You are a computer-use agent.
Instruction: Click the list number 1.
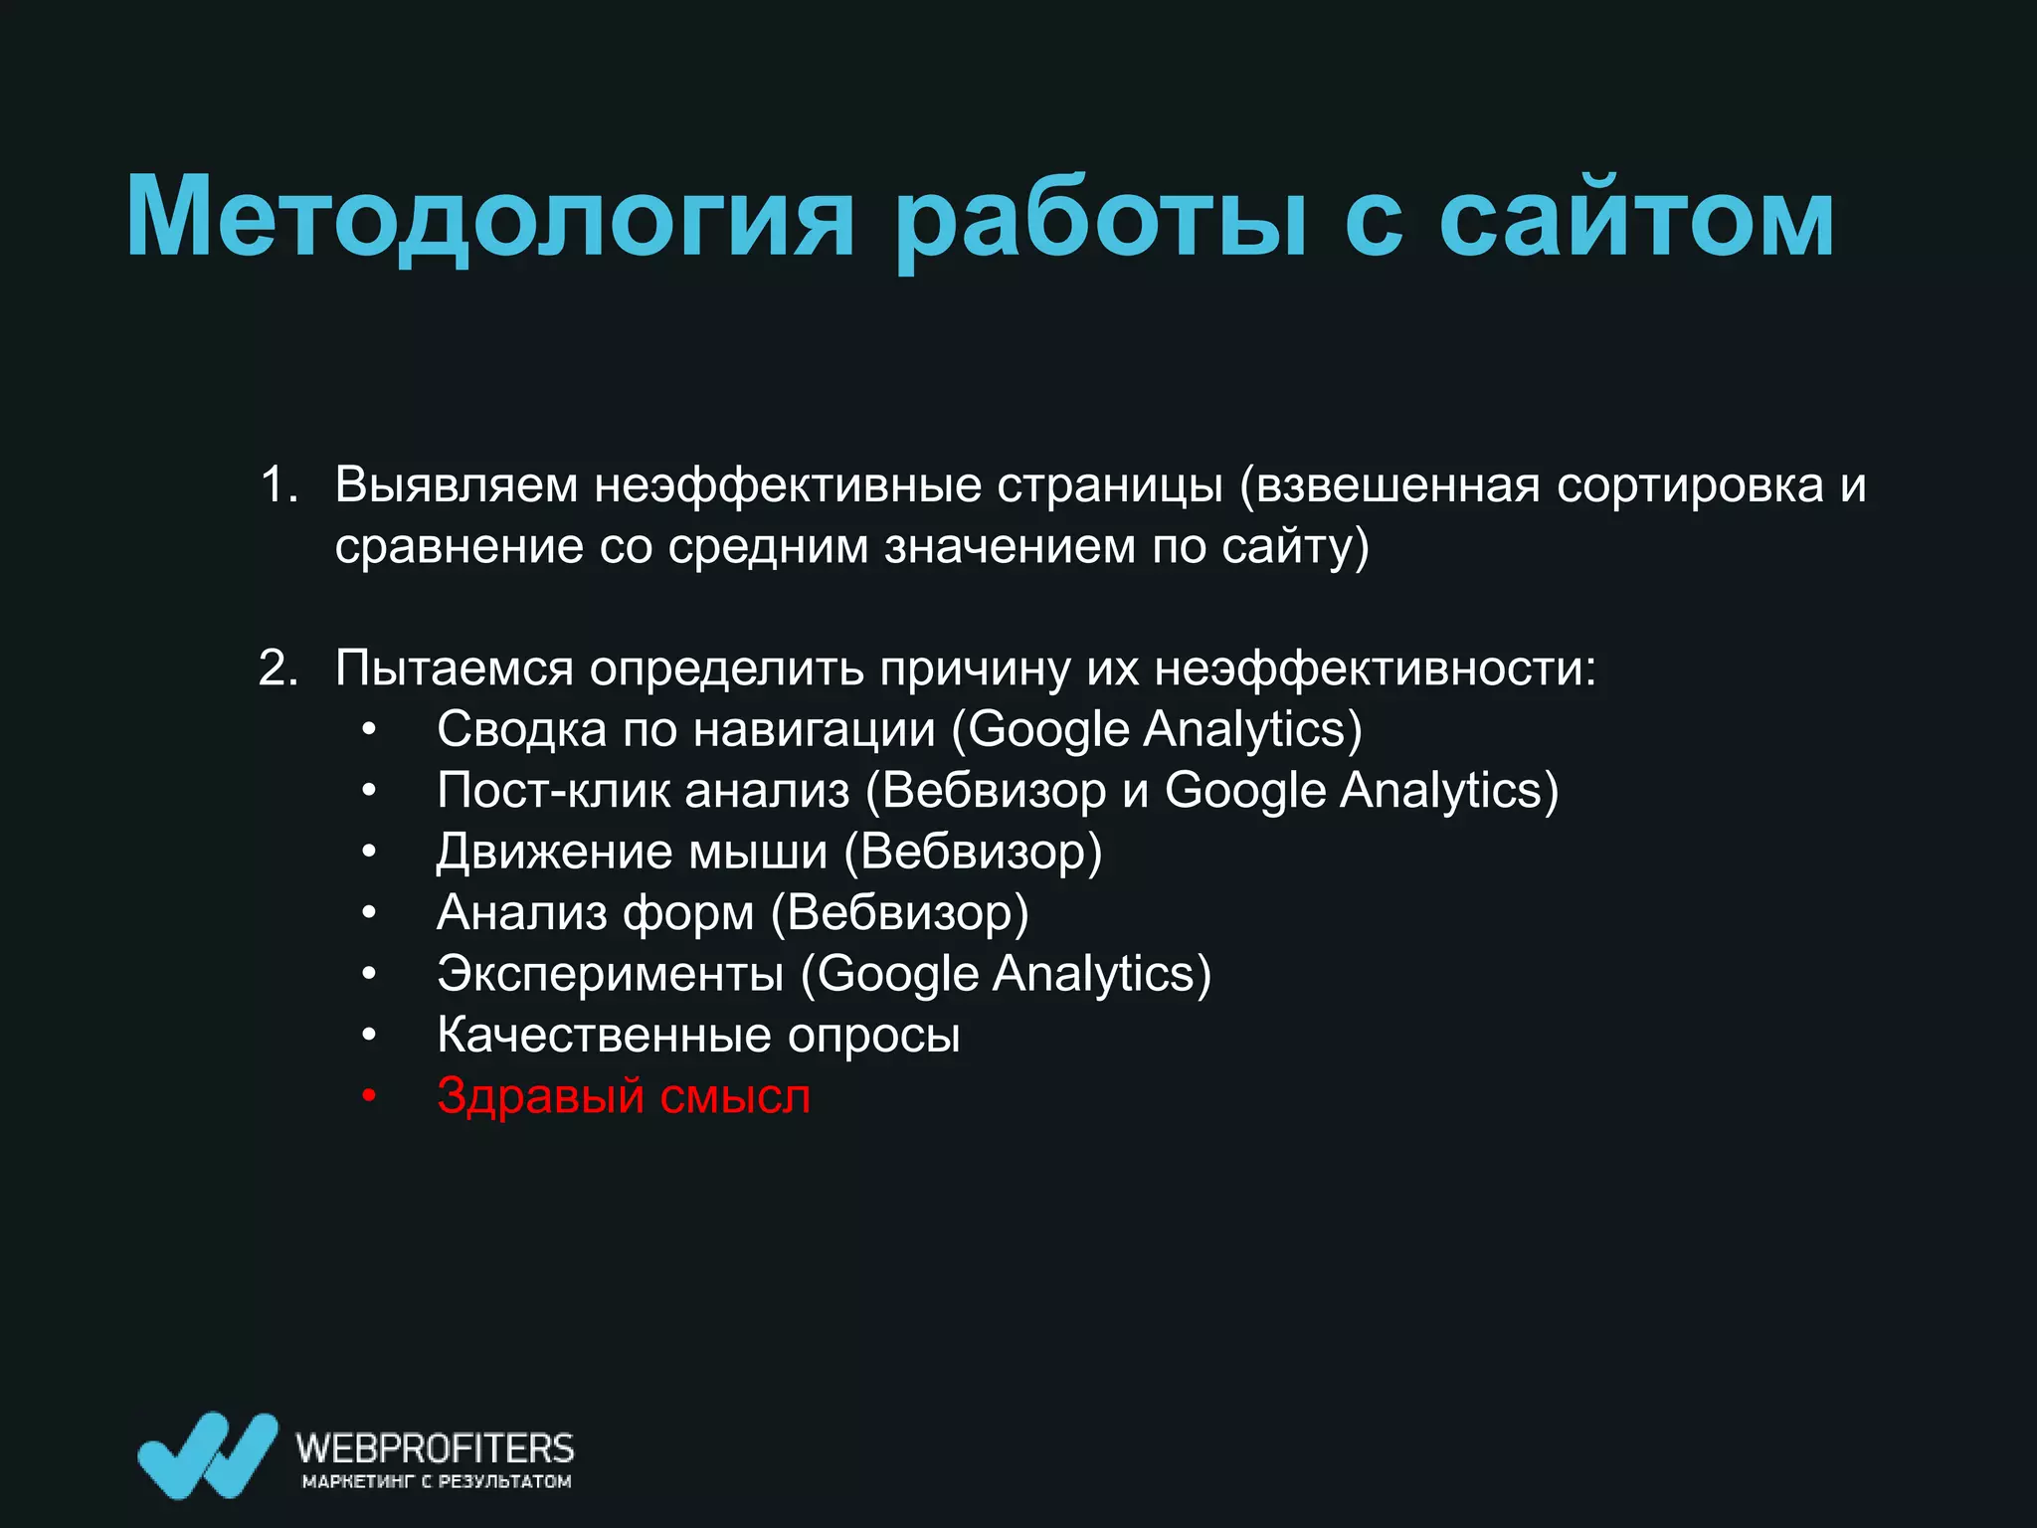(x=278, y=485)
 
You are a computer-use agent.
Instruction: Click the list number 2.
(x=278, y=668)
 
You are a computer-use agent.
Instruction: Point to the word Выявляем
(x=456, y=485)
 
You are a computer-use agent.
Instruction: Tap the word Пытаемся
(x=454, y=668)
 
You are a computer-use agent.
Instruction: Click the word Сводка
(x=521, y=729)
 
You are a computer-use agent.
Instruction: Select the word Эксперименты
(x=610, y=974)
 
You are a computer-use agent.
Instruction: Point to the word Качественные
(x=604, y=1036)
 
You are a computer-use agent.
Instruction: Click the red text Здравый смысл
(x=624, y=1096)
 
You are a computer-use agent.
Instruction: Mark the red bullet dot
(x=369, y=1097)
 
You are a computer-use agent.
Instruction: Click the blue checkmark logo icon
(x=207, y=1454)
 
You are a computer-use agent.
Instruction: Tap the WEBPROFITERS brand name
(x=435, y=1447)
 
